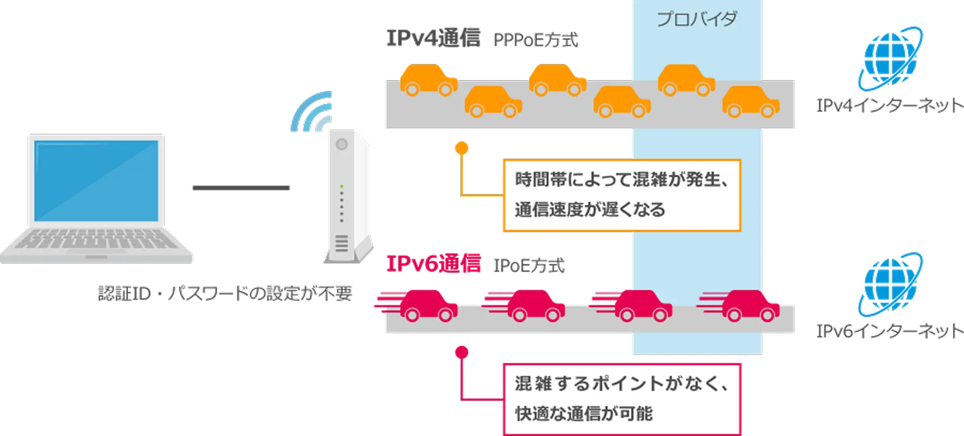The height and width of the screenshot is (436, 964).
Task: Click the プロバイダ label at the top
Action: [x=696, y=19]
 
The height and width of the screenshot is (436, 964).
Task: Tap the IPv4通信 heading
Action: [x=433, y=38]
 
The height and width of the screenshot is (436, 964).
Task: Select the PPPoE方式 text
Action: [x=536, y=40]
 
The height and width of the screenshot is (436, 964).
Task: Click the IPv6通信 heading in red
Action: [x=433, y=264]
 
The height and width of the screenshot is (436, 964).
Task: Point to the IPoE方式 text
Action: [x=528, y=266]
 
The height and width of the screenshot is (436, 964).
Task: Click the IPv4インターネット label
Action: [x=889, y=106]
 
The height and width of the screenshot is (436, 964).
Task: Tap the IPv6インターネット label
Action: [x=889, y=331]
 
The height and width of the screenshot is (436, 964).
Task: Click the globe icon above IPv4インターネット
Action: [x=890, y=58]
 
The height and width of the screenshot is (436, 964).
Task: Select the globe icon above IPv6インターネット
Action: [x=890, y=284]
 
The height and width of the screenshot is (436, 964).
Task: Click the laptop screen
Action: [x=96, y=180]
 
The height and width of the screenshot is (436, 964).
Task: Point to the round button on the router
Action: [x=341, y=144]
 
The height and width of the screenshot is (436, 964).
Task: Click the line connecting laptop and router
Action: [x=240, y=188]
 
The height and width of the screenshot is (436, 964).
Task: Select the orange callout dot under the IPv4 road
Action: [x=462, y=148]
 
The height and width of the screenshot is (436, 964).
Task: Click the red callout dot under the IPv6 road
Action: [x=462, y=352]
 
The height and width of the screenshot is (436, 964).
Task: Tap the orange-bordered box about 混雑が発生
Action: [x=621, y=195]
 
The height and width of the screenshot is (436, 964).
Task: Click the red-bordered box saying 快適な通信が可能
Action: [x=621, y=399]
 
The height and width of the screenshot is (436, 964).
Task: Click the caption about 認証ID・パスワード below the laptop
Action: [x=225, y=293]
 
